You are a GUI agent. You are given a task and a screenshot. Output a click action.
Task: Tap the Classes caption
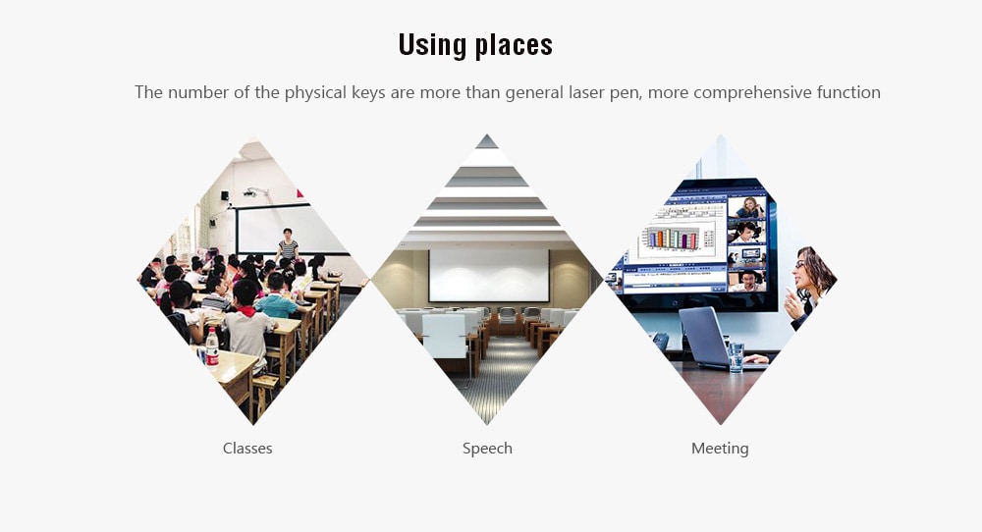[247, 449]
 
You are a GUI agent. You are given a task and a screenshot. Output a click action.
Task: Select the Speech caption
[487, 449]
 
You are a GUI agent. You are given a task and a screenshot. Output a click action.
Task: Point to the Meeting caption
[720, 449]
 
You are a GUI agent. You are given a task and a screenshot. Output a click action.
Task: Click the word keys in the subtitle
[368, 92]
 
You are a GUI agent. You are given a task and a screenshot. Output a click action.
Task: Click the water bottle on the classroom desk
[212, 346]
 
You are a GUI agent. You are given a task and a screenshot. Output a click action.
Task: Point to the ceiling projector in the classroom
[253, 192]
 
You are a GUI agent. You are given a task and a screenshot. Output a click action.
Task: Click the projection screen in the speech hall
[488, 276]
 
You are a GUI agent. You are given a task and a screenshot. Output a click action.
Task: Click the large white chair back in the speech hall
[444, 336]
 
